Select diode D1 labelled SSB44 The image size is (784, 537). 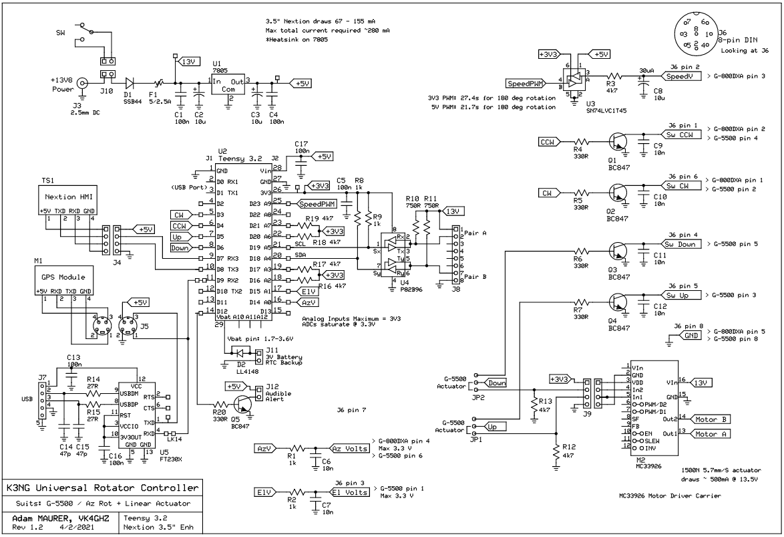point(130,83)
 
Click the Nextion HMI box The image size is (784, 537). point(65,198)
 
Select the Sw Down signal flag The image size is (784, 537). point(681,245)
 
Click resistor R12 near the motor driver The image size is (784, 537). point(555,451)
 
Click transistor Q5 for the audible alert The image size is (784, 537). point(242,404)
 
